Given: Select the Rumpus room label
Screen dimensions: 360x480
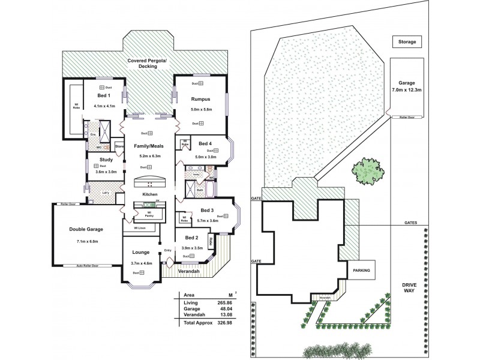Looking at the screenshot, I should pyautogui.click(x=200, y=98).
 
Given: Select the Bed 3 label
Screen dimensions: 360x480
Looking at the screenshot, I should pyautogui.click(x=207, y=211).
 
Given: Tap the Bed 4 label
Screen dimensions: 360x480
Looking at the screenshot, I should pyautogui.click(x=206, y=143).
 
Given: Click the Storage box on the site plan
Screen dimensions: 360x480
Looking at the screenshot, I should pyautogui.click(x=407, y=42).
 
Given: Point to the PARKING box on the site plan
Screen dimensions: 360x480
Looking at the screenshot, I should pyautogui.click(x=361, y=271).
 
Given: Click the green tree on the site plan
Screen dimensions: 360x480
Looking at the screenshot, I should pyautogui.click(x=365, y=172).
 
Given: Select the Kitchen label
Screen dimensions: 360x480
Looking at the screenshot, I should pyautogui.click(x=149, y=195).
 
